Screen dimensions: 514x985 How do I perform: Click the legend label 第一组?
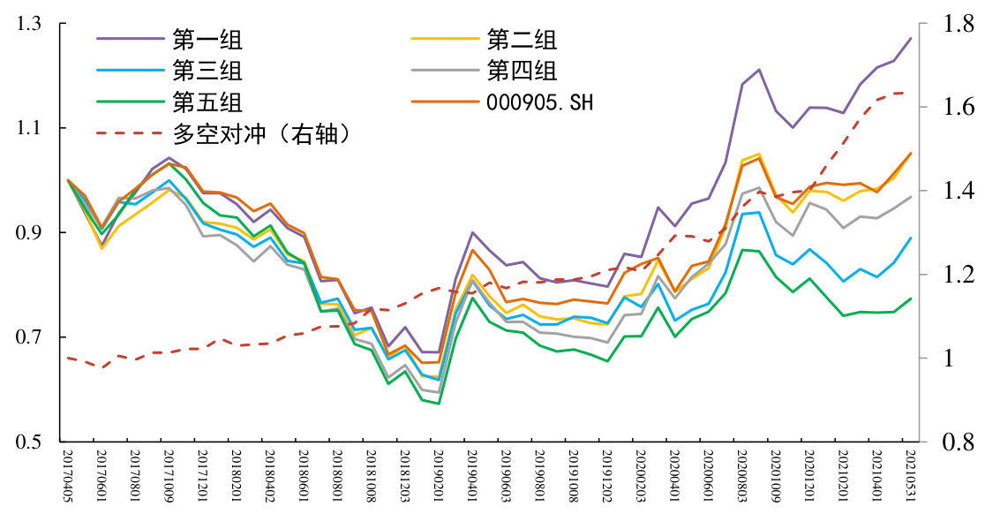tap(207, 40)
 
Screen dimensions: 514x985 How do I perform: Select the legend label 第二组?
tap(522, 40)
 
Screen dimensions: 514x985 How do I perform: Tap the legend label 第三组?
tap(207, 71)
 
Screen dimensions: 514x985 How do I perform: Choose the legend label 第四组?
tap(522, 71)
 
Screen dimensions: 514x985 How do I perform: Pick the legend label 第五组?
tap(207, 102)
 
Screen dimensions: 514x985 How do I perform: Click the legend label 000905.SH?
tap(540, 102)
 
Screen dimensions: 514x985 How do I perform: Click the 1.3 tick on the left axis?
tap(28, 25)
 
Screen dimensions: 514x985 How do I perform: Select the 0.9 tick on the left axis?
tap(28, 233)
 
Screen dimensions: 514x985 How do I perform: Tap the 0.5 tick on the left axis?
tap(28, 442)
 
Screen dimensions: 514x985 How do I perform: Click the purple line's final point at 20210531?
tap(911, 38)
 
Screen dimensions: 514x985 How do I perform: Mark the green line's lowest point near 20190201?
tap(439, 404)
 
